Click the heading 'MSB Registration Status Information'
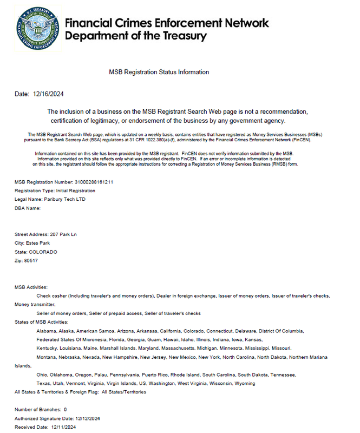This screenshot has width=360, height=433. [x=159, y=72]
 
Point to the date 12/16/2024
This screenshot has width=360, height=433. [x=49, y=94]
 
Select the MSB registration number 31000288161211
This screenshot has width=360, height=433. [x=94, y=182]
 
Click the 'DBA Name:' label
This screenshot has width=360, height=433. [x=28, y=208]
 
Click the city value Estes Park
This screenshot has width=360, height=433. [x=40, y=243]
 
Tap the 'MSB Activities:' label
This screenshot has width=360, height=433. [x=31, y=287]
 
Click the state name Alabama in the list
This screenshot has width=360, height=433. [x=47, y=331]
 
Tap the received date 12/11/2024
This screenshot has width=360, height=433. [x=63, y=427]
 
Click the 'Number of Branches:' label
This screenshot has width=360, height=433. [x=37, y=410]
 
